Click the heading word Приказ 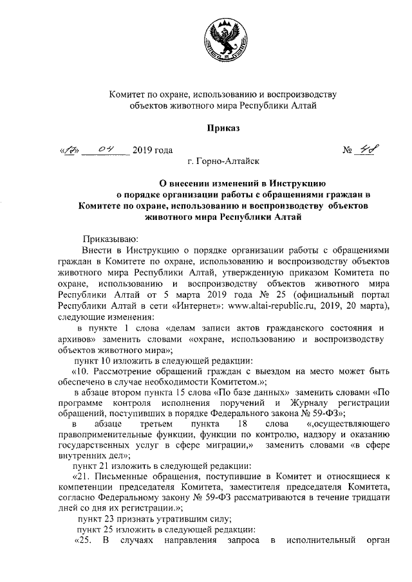[x=223, y=129]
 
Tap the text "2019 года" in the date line [x=153, y=152]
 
